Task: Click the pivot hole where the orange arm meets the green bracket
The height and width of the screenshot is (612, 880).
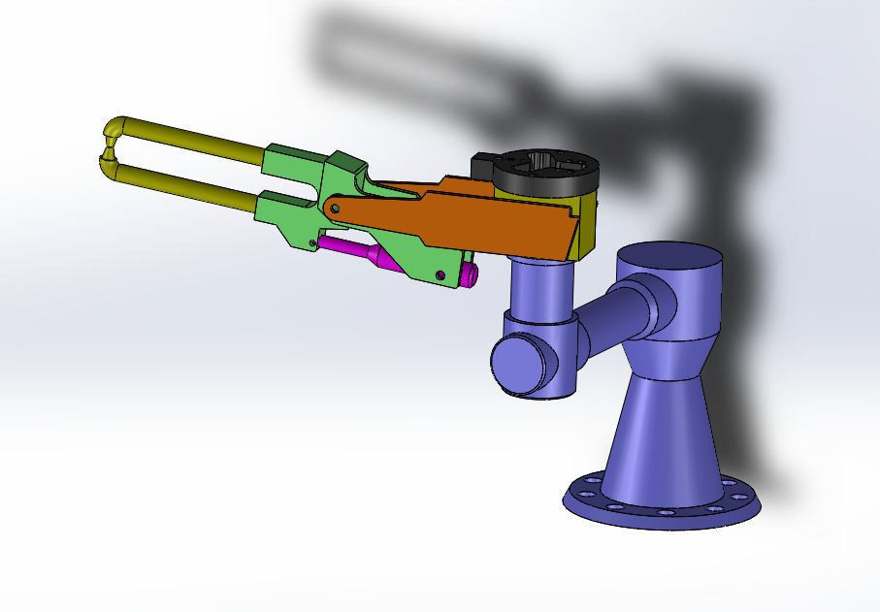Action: (333, 208)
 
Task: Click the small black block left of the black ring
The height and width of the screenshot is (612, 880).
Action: (482, 165)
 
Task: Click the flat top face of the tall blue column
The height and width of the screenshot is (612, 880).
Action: (670, 258)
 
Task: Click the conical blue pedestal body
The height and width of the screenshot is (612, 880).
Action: (660, 436)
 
